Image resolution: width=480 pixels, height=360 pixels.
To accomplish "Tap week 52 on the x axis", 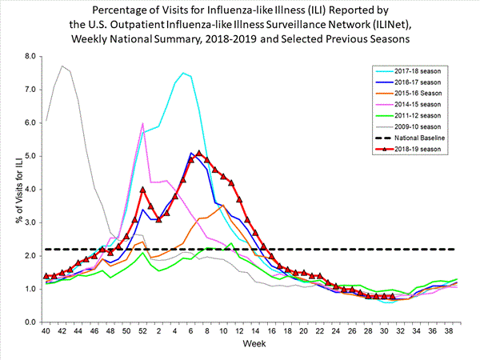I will pos(142,330).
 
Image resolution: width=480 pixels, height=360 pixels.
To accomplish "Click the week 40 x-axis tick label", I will pos(47,330).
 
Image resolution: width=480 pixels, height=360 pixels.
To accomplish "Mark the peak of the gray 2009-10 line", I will pos(62,66).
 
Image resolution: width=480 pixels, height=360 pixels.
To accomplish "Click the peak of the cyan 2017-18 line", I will pos(182,73).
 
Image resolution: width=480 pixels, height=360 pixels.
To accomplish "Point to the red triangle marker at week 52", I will pos(142,190).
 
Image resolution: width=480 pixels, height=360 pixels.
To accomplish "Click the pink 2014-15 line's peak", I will pos(142,123).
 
